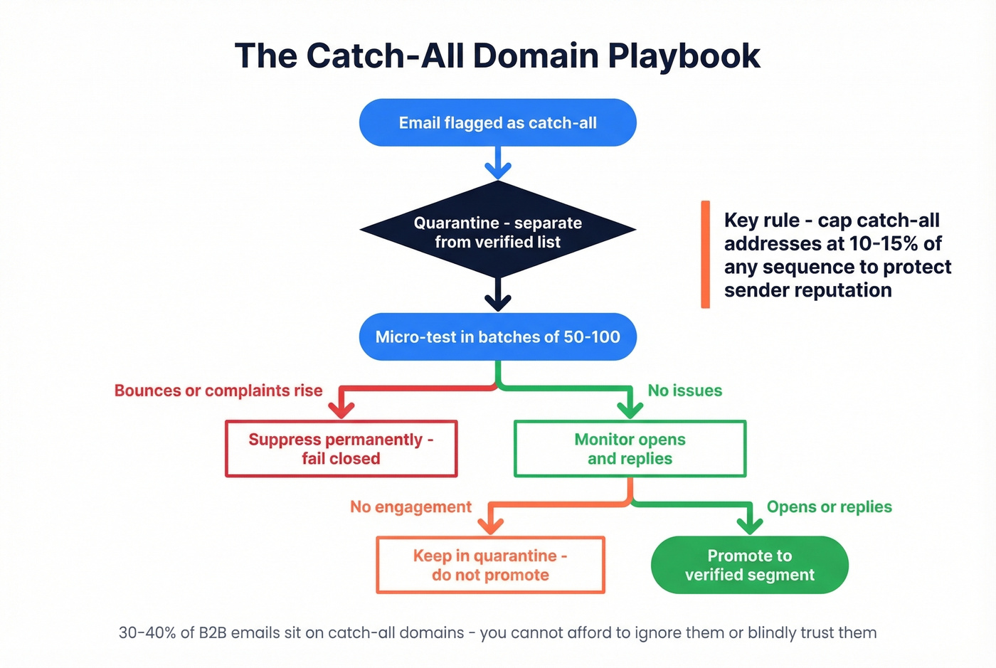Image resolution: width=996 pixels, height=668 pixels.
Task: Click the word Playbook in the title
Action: (684, 56)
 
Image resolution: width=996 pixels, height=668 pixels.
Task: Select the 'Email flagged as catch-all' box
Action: (497, 123)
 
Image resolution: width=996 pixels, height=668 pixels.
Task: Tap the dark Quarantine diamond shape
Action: (497, 231)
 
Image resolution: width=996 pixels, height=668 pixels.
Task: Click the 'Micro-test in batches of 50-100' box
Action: (497, 336)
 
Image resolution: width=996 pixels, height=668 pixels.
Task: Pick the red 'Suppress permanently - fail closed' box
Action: (341, 448)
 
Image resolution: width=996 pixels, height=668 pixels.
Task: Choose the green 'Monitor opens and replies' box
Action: (630, 448)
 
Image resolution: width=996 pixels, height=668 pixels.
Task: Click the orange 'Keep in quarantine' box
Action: (490, 565)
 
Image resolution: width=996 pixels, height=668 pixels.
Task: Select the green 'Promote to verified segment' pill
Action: (749, 565)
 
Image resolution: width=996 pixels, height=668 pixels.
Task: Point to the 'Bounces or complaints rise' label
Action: (218, 391)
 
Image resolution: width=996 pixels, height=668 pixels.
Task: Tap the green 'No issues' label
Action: (684, 391)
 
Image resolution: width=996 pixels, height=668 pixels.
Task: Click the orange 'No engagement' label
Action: (410, 507)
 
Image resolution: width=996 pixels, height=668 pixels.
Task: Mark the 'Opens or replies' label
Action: (829, 507)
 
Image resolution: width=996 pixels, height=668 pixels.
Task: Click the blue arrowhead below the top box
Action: (498, 170)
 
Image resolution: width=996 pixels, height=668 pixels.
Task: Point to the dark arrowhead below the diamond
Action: (498, 302)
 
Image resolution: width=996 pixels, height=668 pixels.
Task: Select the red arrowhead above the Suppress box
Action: (341, 409)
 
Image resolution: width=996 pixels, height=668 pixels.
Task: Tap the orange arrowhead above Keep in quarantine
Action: (490, 526)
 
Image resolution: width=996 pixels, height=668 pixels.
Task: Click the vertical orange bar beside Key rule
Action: (705, 254)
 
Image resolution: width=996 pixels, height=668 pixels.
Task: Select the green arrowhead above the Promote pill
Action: (750, 526)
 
